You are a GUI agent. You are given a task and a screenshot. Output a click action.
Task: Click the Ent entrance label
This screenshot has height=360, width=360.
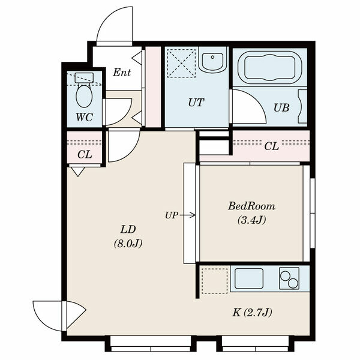(x=122, y=73)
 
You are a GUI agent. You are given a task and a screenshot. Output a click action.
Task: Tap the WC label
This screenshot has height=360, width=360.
(x=84, y=117)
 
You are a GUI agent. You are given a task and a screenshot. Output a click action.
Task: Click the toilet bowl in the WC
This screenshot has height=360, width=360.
(x=84, y=95)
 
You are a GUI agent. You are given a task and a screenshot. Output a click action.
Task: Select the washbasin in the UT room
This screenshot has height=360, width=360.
(x=212, y=60)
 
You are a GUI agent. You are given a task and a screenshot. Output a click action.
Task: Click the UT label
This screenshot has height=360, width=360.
(x=196, y=103)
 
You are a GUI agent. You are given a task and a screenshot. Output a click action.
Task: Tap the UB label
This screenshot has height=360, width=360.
(x=281, y=107)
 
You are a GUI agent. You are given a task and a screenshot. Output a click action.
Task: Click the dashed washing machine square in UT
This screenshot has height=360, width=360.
(x=181, y=63)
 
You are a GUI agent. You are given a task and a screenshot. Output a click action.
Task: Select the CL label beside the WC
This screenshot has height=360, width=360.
(x=85, y=155)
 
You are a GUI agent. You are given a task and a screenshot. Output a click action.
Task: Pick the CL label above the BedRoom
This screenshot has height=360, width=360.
(x=271, y=146)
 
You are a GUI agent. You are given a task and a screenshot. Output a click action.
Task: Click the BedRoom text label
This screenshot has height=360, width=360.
(x=251, y=206)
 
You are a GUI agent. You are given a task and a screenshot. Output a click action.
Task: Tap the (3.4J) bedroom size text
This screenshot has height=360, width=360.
(x=252, y=220)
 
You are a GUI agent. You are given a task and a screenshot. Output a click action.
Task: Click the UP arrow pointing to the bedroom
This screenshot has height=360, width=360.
(x=187, y=215)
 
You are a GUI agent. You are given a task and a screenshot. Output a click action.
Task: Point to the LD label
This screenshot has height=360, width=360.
(x=128, y=229)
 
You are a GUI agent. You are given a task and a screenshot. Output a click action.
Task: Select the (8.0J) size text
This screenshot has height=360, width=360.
(x=128, y=244)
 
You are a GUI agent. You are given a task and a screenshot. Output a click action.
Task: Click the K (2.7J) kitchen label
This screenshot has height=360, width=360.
(x=253, y=313)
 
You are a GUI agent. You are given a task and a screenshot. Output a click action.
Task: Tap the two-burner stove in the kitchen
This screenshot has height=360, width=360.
(x=289, y=278)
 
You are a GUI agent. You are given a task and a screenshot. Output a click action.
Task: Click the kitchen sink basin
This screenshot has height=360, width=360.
(x=249, y=278)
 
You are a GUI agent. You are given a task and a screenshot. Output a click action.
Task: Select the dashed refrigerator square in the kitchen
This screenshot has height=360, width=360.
(x=214, y=281)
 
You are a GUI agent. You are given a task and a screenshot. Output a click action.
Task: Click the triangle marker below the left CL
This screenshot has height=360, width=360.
(x=78, y=172)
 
